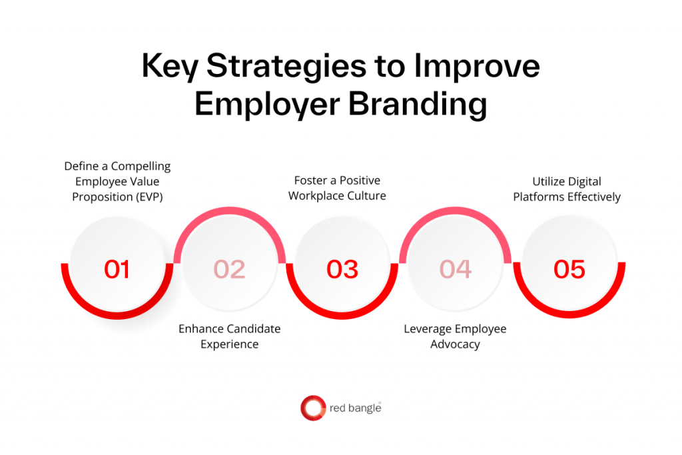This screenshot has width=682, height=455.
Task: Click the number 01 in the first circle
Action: click(x=117, y=268)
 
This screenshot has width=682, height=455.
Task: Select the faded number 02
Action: click(x=230, y=268)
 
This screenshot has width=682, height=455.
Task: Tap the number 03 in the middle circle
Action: click(x=342, y=268)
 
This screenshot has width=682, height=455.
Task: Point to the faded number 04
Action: click(x=456, y=268)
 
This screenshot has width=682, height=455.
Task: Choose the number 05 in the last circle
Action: click(x=569, y=268)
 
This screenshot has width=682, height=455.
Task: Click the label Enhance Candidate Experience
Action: click(x=230, y=336)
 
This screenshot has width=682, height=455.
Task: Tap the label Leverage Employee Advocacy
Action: click(x=456, y=336)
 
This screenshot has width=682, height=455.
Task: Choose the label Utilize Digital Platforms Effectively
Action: click(x=567, y=189)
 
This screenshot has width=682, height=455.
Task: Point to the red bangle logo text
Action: click(x=355, y=408)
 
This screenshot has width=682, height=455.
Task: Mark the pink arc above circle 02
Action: click(x=230, y=213)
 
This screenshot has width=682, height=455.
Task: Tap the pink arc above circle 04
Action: click(x=456, y=213)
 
